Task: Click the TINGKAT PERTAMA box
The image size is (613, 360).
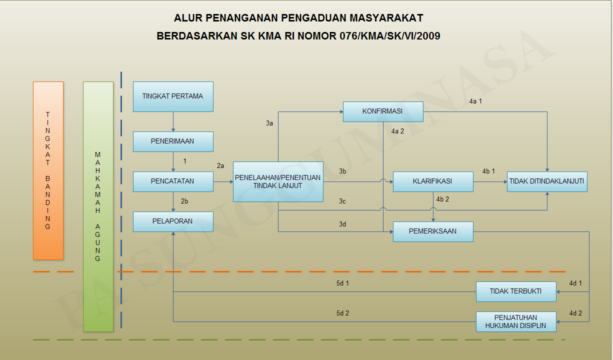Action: (173, 96)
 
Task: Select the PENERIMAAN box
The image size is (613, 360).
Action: (173, 141)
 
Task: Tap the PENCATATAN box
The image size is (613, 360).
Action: (173, 181)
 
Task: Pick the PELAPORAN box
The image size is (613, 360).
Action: (173, 221)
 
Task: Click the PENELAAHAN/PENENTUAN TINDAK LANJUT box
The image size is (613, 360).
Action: (278, 181)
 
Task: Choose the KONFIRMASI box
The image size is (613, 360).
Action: (383, 111)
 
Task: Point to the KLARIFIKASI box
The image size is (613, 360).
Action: (433, 181)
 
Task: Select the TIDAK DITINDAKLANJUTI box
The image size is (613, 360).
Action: (547, 181)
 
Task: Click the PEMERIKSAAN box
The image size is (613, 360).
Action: (433, 231)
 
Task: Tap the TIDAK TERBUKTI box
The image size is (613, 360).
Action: (516, 291)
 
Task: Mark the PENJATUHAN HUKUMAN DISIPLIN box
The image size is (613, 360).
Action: (516, 321)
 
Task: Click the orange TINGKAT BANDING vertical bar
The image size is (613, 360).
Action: (48, 170)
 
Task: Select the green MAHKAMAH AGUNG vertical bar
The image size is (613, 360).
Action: (98, 206)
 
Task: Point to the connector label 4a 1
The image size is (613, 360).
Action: (475, 101)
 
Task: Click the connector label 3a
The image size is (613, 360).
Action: (269, 123)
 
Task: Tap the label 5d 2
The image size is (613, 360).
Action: (342, 313)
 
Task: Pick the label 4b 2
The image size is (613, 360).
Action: (442, 199)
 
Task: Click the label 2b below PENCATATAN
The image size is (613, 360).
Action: (184, 201)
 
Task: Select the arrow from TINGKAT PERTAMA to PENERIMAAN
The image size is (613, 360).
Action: (173, 121)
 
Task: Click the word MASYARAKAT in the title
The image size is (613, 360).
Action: (383, 18)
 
